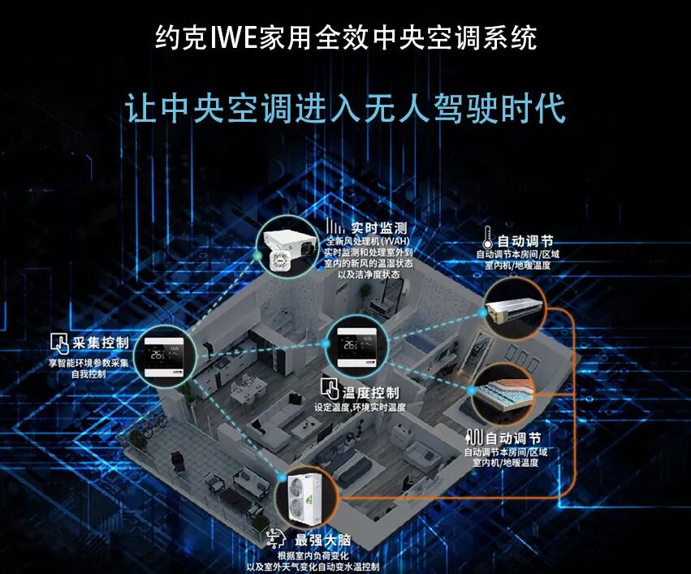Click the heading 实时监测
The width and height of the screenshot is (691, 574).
(x=379, y=228)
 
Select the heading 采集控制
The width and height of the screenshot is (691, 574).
(x=101, y=343)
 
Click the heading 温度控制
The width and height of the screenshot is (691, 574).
(x=370, y=392)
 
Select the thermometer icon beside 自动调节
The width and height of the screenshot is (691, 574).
(x=487, y=238)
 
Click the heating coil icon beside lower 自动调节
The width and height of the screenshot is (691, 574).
(x=475, y=438)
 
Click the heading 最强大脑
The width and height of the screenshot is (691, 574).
(x=322, y=540)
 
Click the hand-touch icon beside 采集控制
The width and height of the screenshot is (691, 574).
(x=59, y=343)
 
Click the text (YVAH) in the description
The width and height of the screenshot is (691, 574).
(x=395, y=241)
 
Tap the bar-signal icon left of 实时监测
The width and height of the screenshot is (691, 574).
(x=335, y=226)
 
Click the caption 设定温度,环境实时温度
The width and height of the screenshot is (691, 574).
(x=360, y=408)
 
